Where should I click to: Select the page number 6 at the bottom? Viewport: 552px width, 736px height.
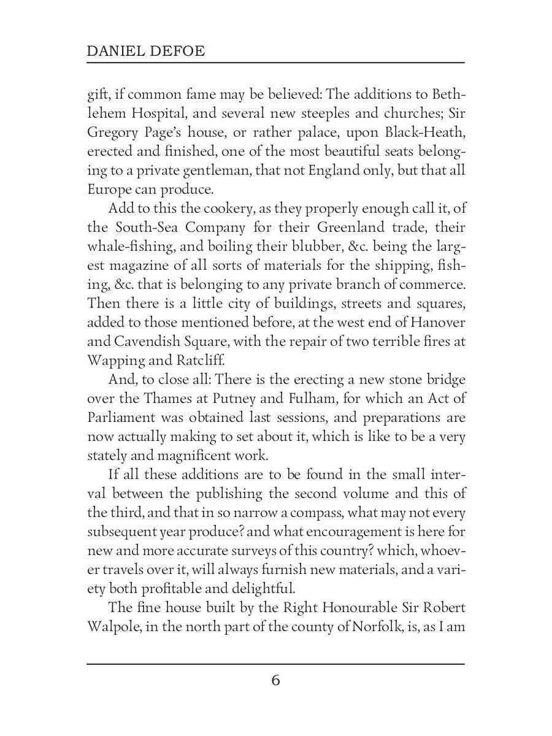coord(275,681)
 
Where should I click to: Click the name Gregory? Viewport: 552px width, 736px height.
coord(114,134)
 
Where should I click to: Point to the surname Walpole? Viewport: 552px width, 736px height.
coord(113,627)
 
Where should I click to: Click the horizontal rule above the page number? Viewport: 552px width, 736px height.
coord(275,664)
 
